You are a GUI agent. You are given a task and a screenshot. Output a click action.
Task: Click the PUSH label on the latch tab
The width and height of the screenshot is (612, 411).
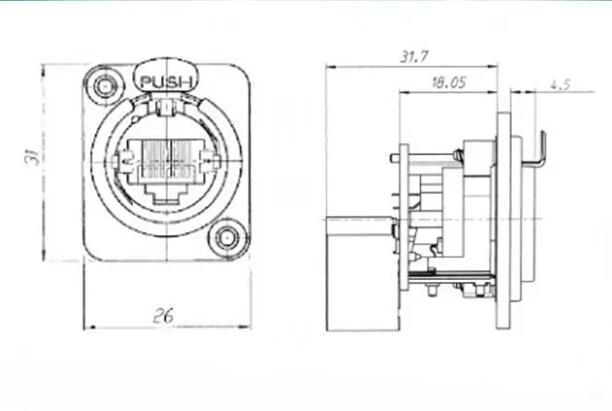pos(166,81)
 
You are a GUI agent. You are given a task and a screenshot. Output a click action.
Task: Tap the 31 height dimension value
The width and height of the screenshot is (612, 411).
pos(33,157)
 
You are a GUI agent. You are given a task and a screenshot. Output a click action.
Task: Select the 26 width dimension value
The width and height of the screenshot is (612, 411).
pos(163,316)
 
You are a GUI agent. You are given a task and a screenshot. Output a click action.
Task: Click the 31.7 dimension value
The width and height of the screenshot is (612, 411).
pos(413,57)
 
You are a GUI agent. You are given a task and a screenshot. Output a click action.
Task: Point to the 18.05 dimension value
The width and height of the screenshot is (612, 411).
pos(449,82)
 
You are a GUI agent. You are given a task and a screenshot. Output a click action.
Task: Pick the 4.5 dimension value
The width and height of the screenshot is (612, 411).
pos(560,84)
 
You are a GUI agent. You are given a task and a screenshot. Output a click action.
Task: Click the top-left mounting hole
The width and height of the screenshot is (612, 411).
pos(104,86)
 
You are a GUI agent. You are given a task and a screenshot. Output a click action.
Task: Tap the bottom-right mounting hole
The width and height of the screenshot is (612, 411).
pos(227,237)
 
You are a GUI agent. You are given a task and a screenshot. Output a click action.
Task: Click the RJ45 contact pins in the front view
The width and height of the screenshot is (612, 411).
pos(167,158)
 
